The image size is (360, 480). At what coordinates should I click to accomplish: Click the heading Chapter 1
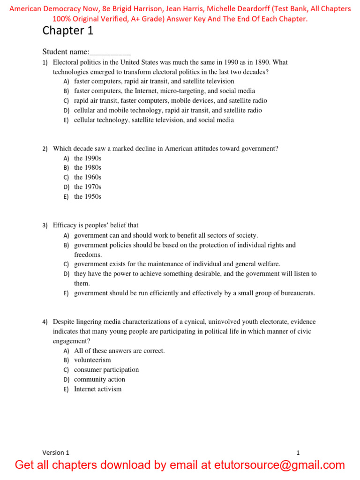pos(68,31)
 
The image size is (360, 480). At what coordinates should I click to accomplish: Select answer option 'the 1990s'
pos(88,158)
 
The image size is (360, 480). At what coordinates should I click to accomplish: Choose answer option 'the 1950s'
pos(88,197)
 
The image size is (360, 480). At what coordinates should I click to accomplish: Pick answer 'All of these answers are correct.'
pos(120,351)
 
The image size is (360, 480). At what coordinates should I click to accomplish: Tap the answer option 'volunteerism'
pos(92,360)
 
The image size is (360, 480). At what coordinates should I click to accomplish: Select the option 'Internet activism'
pos(97,389)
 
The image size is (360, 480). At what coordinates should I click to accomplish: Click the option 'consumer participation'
pos(106,370)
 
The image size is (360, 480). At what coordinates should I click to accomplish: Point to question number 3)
pos(45,226)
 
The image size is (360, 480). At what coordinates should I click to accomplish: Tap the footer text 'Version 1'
pos(56,453)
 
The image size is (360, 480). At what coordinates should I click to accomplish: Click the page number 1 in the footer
pos(298,453)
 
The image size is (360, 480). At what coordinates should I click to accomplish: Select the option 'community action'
pos(99,379)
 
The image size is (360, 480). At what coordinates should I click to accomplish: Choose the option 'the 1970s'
pos(88,187)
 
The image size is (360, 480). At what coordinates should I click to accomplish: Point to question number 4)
pos(45,322)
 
